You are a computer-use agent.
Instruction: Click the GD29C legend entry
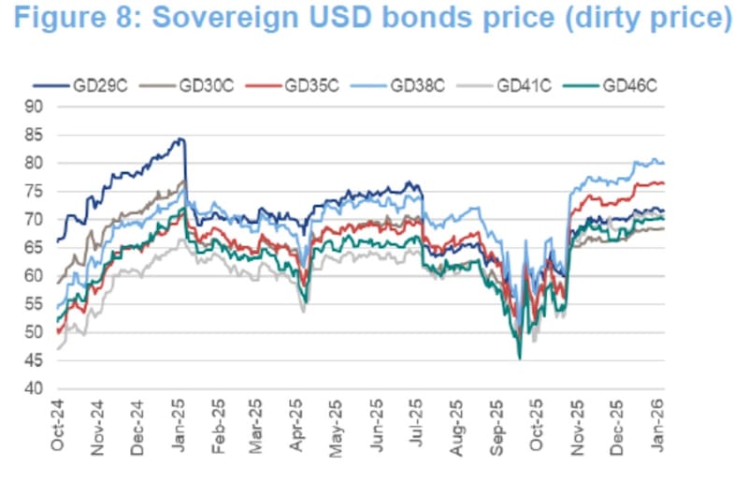pos(93,85)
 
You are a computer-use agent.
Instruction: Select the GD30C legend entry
pos(197,85)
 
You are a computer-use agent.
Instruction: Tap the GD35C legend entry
pos(304,85)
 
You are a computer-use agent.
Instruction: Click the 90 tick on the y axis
pos(36,107)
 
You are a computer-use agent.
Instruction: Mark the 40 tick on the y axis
pos(36,388)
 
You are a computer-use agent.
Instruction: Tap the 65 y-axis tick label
pos(36,248)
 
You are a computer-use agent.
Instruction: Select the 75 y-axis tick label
pos(36,191)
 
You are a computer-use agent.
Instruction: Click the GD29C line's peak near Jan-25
pos(180,139)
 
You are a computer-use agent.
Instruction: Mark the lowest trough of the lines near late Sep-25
pos(519,358)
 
